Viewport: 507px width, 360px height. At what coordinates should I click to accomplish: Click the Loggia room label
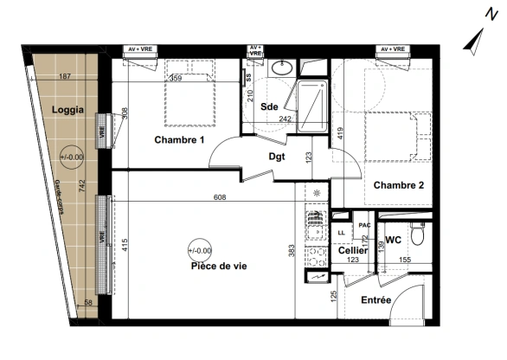[67, 110]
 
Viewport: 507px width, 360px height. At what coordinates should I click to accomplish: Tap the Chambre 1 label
[179, 140]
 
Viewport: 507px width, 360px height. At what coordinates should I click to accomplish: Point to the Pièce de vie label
[218, 267]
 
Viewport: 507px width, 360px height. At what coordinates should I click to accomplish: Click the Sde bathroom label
[270, 106]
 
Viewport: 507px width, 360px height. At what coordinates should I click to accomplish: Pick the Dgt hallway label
[277, 157]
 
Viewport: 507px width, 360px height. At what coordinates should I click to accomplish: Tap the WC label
[393, 240]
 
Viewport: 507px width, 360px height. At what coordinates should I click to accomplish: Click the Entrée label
[376, 300]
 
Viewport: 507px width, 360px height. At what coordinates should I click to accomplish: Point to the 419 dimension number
[342, 134]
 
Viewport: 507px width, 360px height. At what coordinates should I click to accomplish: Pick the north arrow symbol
[473, 40]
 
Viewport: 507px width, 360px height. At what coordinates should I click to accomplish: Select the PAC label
[365, 225]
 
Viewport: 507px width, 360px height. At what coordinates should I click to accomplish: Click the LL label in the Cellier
[342, 233]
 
